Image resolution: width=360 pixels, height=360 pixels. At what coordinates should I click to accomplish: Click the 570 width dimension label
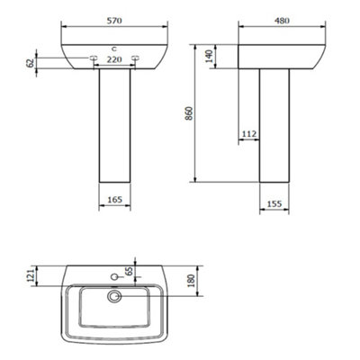tap(114, 21)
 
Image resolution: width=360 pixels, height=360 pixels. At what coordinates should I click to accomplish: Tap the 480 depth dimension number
tap(282, 21)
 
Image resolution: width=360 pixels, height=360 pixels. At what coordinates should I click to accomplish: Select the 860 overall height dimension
tap(189, 113)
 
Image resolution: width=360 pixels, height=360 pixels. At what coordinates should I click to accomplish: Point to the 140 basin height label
tap(209, 56)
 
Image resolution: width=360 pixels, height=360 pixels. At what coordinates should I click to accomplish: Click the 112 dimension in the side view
tap(249, 134)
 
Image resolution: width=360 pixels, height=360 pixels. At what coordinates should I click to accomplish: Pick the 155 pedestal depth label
tap(274, 203)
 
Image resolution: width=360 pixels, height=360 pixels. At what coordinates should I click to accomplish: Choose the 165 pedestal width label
tap(114, 200)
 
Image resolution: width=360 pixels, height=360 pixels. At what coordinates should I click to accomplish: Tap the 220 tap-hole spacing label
tap(114, 59)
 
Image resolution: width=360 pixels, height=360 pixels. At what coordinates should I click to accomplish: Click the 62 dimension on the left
tap(31, 63)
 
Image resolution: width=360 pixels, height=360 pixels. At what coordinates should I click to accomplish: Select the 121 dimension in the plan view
tap(31, 274)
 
